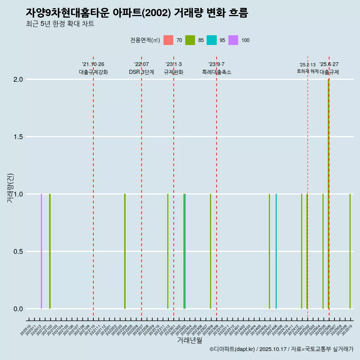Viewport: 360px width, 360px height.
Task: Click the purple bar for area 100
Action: tap(42, 251)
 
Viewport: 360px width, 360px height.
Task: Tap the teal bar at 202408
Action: tap(276, 251)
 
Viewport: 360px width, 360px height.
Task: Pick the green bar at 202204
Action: tap(125, 251)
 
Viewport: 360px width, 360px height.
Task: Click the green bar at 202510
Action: tap(350, 251)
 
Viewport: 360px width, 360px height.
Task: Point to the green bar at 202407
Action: tap(269, 251)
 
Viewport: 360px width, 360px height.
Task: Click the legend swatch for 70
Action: tap(168, 40)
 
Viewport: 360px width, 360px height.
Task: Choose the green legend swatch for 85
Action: tap(190, 40)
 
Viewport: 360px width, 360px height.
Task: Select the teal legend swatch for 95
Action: tap(211, 40)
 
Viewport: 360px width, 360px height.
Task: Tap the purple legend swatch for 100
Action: tap(233, 40)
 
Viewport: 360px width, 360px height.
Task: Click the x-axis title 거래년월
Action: tap(189, 340)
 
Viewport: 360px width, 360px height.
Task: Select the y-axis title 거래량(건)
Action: tap(10, 187)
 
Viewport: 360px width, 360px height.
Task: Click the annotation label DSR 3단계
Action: tap(141, 72)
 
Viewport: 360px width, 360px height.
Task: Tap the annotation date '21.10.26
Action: tap(93, 64)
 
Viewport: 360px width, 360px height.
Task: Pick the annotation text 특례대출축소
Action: tap(216, 72)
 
